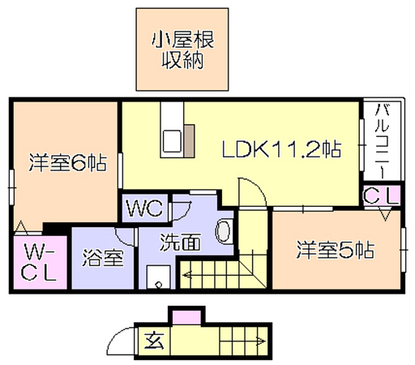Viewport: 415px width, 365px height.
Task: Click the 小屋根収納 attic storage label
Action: click(182, 49)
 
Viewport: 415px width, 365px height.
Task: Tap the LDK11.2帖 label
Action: click(282, 149)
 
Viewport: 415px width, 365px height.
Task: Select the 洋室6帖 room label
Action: click(68, 162)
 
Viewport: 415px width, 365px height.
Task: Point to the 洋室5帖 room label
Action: click(336, 250)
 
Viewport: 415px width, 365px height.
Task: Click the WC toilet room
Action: click(145, 208)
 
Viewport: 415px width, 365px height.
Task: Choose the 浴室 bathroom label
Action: click(103, 258)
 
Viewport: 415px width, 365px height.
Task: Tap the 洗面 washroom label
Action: click(181, 242)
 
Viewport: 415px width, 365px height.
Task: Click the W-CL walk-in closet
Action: click(40, 262)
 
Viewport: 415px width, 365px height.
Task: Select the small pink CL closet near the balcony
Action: click(381, 195)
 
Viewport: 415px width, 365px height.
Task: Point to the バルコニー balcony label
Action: click(382, 141)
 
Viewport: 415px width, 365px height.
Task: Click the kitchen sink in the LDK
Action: click(172, 141)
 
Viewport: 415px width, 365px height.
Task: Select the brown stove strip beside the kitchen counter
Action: click(189, 141)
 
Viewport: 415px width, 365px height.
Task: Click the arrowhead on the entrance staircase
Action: click(262, 341)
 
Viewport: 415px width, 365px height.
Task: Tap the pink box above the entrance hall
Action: click(186, 317)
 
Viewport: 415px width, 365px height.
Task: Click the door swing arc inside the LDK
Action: click(258, 187)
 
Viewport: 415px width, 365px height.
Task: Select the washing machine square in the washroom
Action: click(159, 277)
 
